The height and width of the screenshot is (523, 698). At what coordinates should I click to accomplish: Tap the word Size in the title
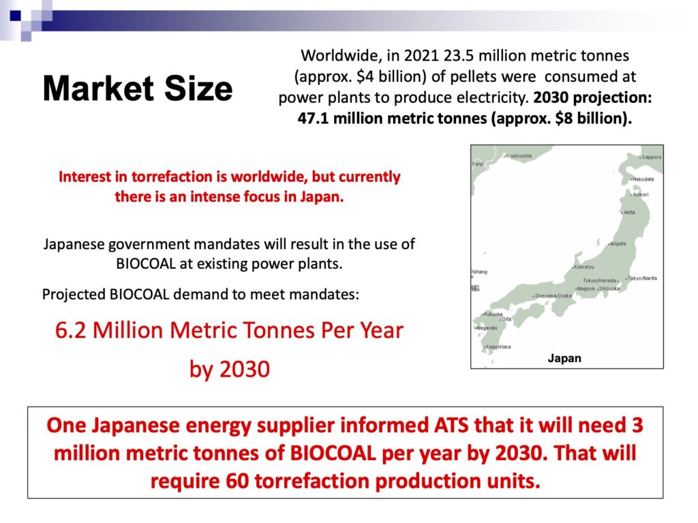(x=198, y=89)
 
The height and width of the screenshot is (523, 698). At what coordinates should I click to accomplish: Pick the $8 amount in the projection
(x=564, y=118)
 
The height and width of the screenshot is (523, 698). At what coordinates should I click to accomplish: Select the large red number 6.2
(x=71, y=330)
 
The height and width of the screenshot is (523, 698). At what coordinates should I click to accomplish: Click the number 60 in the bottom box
(x=237, y=481)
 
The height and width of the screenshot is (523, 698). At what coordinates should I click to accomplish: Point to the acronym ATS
(x=451, y=425)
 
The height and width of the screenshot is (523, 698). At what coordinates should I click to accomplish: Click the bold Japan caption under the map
(x=564, y=358)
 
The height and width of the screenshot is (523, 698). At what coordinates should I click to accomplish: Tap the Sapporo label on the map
(x=651, y=157)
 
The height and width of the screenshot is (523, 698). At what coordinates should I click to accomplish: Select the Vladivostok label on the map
(x=519, y=156)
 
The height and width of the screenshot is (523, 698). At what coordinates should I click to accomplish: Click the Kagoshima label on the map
(x=498, y=347)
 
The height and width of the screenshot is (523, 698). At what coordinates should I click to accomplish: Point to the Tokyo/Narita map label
(x=642, y=279)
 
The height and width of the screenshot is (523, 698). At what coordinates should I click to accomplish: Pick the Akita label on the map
(x=629, y=212)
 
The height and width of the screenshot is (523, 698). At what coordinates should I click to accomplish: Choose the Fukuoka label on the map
(x=494, y=315)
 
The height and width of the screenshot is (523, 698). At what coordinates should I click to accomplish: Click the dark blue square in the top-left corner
(x=15, y=16)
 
